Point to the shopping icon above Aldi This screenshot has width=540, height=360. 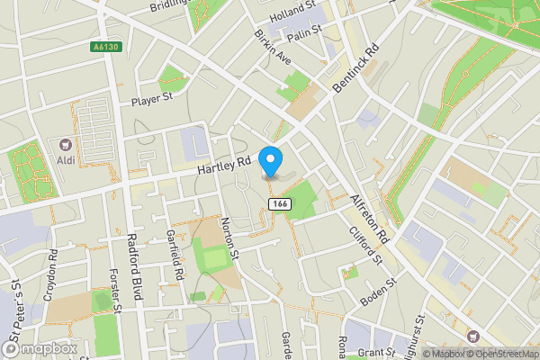pos(65,144)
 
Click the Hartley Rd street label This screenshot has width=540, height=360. pos(223,166)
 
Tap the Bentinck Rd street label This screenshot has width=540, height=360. pos(356,68)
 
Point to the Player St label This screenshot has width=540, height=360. pos(150,101)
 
